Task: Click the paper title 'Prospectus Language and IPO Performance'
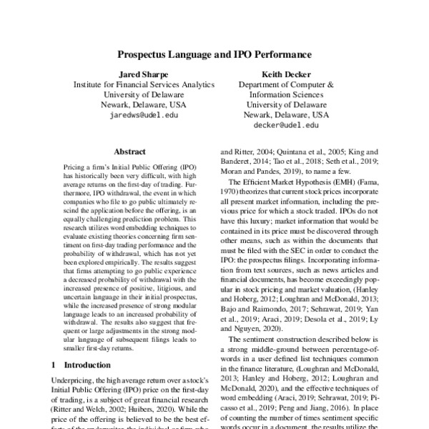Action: [x=214, y=54]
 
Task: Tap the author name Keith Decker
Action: [x=286, y=73]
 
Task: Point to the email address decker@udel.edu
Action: [x=286, y=124]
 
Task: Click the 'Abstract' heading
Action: [x=129, y=152]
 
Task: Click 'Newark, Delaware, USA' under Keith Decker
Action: [x=286, y=114]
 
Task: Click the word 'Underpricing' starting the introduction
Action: [x=75, y=383]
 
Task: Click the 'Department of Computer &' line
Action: [x=286, y=84]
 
